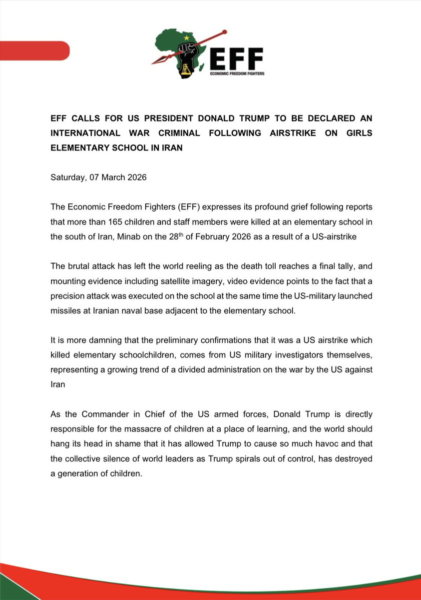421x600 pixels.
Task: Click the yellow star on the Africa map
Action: pos(187,37)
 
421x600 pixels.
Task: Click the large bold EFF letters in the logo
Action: pos(236,59)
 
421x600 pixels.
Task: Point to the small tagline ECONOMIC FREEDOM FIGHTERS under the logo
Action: pos(237,73)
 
